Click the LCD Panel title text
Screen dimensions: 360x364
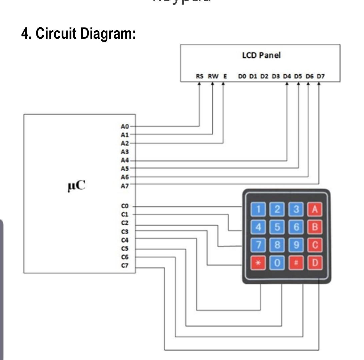(x=261, y=56)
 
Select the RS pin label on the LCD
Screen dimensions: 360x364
(x=199, y=76)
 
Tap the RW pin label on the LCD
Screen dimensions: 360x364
(x=213, y=76)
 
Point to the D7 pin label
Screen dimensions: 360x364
(x=320, y=76)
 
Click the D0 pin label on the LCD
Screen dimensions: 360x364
(x=242, y=76)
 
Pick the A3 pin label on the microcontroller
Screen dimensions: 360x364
(x=125, y=152)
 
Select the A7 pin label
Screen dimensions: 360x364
(x=125, y=186)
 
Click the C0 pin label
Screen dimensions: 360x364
(x=125, y=207)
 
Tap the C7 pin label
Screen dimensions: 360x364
(x=125, y=266)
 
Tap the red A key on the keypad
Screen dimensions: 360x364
(x=315, y=209)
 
